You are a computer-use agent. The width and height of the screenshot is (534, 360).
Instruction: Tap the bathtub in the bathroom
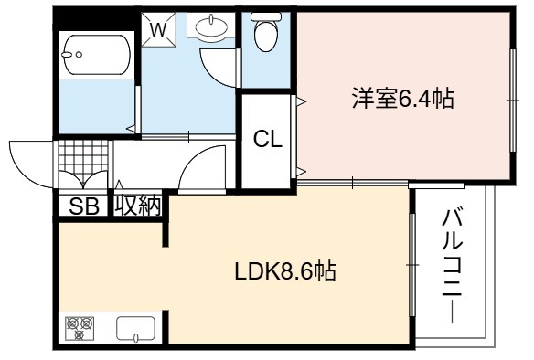[x=96, y=55]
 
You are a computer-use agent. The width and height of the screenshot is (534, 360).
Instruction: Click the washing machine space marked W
[x=158, y=29]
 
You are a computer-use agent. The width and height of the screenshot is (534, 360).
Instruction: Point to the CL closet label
[x=268, y=139]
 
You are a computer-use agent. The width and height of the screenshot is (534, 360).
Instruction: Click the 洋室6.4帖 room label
[x=403, y=99]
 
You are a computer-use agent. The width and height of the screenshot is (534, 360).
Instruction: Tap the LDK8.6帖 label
[x=285, y=271]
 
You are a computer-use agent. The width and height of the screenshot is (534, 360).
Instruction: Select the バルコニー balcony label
[x=453, y=265]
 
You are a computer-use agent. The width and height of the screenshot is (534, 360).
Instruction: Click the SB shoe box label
[x=84, y=206]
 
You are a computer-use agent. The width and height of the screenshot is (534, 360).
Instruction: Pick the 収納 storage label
[x=137, y=206]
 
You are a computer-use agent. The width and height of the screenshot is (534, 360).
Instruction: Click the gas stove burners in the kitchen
[x=80, y=328]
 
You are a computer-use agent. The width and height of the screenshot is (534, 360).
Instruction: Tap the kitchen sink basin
[x=135, y=328]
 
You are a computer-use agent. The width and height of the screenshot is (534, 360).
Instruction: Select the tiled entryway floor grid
[x=84, y=159]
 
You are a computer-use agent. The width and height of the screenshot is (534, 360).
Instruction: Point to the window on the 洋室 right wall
[x=513, y=101]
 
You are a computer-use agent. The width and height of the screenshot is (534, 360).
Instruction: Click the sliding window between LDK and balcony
[x=412, y=265]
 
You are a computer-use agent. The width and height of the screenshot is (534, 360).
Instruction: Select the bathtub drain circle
[x=79, y=55]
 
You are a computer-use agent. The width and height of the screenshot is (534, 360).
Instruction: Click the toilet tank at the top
[x=266, y=16]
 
